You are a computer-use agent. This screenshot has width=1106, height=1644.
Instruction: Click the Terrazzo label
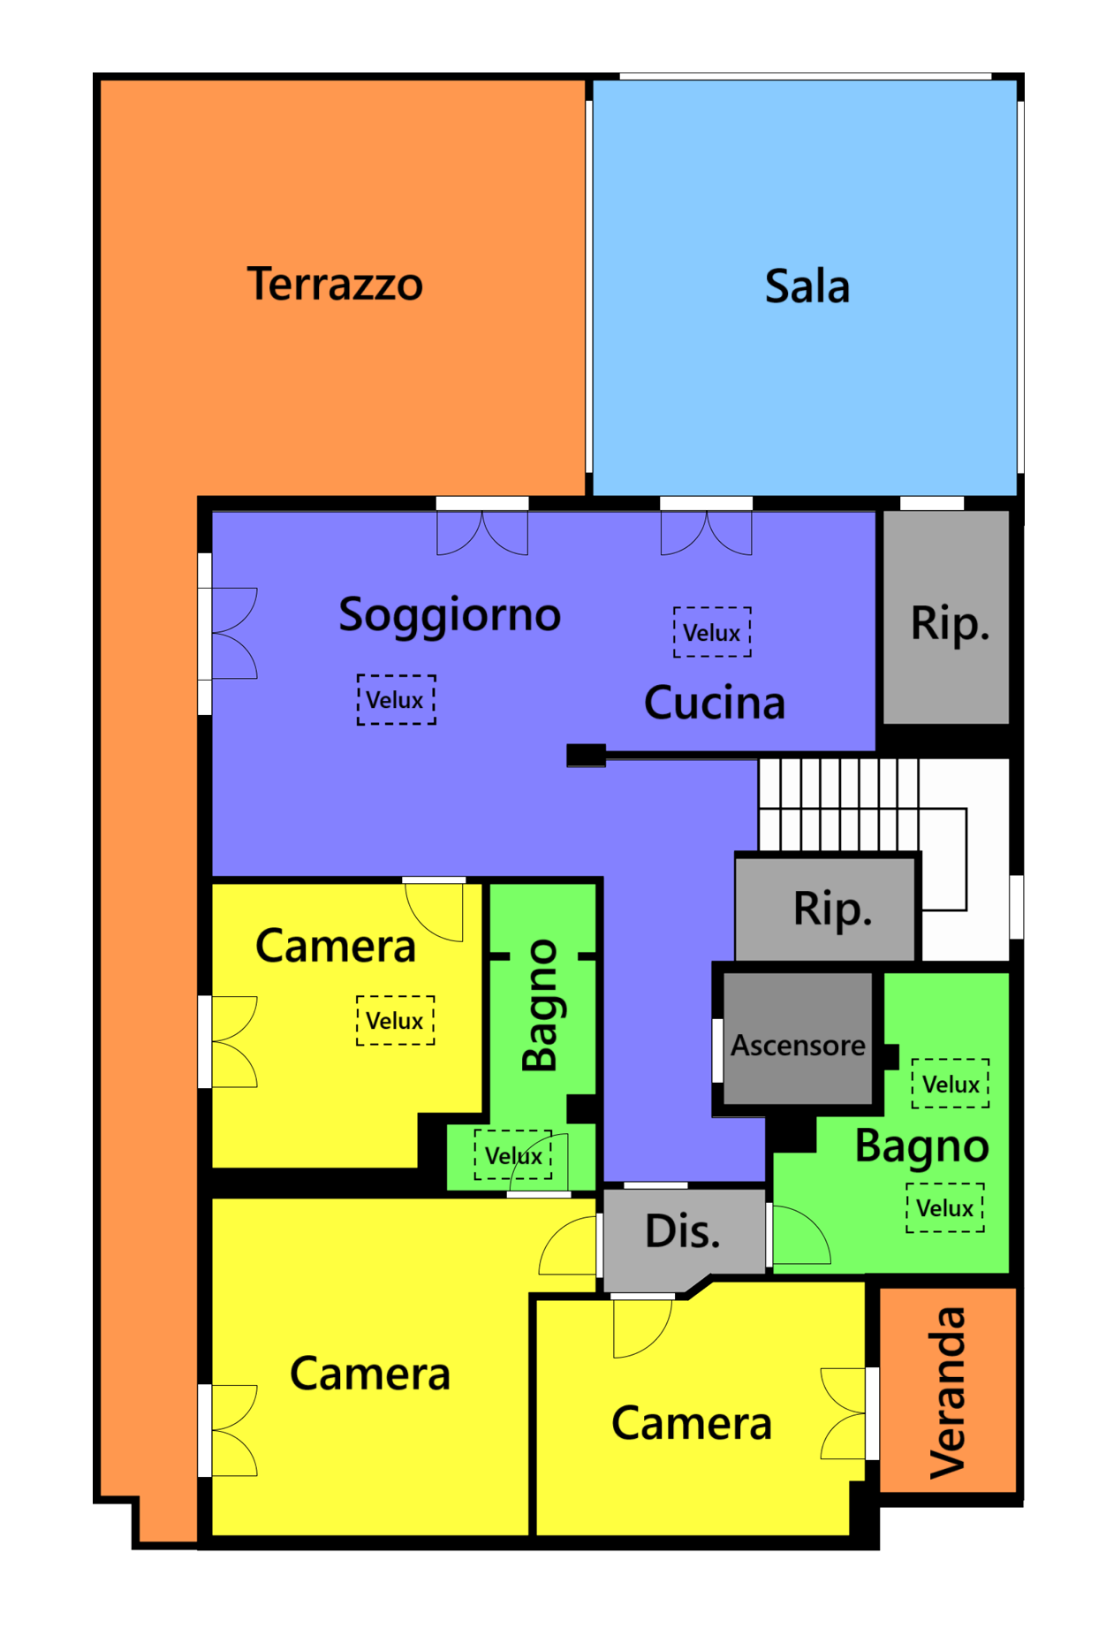[x=335, y=284]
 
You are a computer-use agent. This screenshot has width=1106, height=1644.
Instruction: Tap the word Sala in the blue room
[x=807, y=286]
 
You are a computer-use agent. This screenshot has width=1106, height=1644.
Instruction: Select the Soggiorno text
[x=450, y=615]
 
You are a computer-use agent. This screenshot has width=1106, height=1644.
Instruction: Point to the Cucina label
[x=715, y=703]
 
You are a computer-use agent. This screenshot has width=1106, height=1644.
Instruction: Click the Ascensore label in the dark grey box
[x=798, y=1046]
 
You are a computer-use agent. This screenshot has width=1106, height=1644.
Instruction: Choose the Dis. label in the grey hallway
[x=683, y=1231]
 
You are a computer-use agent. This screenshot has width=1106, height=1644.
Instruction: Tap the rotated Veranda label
[x=948, y=1393]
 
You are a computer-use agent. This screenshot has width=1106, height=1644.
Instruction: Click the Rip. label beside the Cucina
[x=950, y=624]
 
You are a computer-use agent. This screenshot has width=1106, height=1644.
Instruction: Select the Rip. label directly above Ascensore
[x=832, y=910]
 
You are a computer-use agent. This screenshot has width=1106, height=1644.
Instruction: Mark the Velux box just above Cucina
[x=712, y=632]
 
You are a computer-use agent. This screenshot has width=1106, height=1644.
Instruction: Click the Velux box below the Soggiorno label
[x=396, y=700]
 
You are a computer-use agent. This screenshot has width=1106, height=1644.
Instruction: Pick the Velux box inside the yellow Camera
[x=395, y=1021]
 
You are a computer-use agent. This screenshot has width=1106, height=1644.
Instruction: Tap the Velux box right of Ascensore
[x=951, y=1084]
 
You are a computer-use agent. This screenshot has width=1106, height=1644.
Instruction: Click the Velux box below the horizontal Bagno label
[x=945, y=1207]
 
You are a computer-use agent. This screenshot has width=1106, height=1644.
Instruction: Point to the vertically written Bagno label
[x=541, y=1006]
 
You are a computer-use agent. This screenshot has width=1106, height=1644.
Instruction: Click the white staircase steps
[x=838, y=803]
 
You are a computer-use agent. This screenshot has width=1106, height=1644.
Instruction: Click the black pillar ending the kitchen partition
[x=586, y=756]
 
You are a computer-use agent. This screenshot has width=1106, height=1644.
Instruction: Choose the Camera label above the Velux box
[x=336, y=947]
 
